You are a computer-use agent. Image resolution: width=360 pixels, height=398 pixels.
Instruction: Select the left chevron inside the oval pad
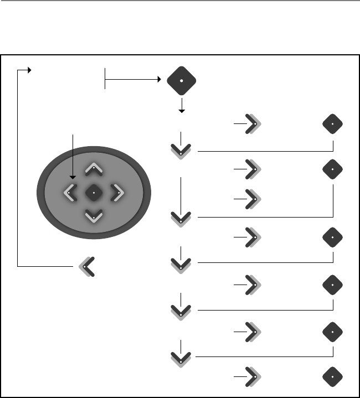tap(70, 193)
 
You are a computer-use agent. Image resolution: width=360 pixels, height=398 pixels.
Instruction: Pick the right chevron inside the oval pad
tap(117, 193)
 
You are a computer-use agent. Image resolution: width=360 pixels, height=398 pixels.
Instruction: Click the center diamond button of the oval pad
tap(94, 193)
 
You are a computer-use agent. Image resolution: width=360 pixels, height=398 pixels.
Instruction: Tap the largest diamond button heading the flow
tap(182, 81)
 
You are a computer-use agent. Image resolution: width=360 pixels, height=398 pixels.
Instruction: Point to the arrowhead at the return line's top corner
tap(29, 70)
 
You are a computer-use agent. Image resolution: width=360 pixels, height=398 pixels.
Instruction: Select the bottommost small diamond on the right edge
tap(332, 376)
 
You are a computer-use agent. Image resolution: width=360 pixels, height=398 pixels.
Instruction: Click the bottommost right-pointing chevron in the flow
tap(253, 376)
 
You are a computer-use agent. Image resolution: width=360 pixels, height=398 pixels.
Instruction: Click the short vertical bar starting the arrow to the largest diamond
tap(105, 79)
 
